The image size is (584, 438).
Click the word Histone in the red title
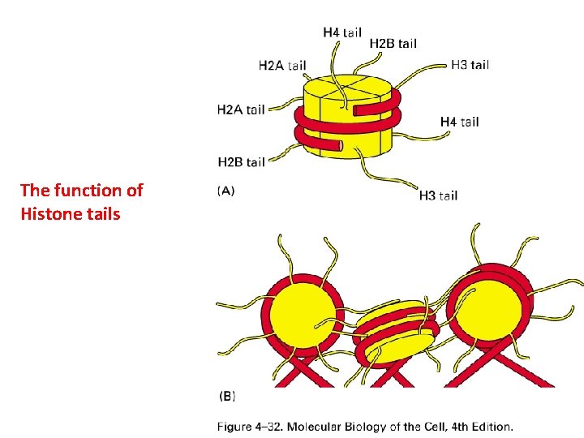coord(49,214)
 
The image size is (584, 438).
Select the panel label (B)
coord(228,397)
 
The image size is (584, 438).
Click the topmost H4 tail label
coord(342,32)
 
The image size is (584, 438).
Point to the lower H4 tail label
coord(459,122)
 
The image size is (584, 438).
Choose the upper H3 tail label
coord(470,65)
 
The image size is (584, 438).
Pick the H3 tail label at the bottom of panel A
coord(438,195)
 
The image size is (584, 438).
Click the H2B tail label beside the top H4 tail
coord(393,43)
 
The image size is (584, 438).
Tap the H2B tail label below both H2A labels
coord(242,162)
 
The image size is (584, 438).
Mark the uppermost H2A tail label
coord(282,65)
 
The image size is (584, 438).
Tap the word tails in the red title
coord(99,214)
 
